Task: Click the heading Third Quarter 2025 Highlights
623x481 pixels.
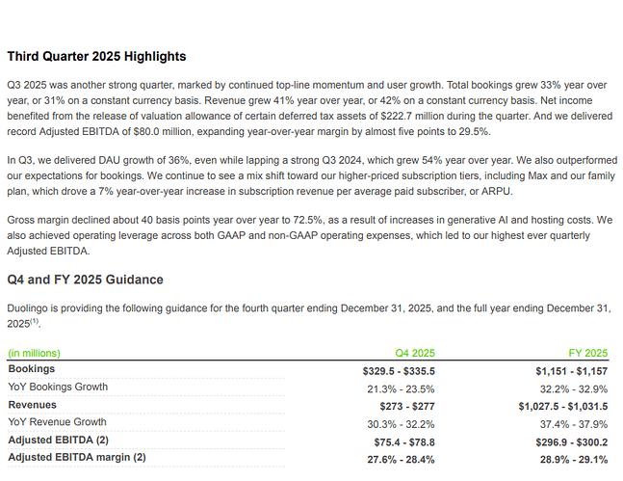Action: [96, 57]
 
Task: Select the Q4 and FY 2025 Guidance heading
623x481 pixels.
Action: [85, 280]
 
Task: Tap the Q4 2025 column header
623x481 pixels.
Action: [415, 353]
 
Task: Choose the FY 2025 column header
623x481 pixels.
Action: [588, 353]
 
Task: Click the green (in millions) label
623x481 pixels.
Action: [34, 354]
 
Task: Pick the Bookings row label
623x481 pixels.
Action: [32, 369]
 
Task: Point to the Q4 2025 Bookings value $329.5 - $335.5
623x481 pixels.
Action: [399, 371]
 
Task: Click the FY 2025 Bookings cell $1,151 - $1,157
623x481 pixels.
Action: [571, 371]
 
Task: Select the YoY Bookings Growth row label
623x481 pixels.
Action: [58, 387]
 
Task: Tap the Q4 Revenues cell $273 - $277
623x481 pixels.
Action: [407, 406]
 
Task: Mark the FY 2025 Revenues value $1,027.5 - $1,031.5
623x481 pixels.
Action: [563, 406]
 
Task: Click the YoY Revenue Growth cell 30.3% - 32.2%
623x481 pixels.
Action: [401, 424]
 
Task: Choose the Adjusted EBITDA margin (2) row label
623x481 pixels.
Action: [77, 458]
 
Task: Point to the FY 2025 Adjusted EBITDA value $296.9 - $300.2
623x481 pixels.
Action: [571, 442]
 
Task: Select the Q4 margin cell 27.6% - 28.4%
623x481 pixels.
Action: [401, 460]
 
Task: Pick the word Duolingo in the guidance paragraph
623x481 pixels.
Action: [27, 308]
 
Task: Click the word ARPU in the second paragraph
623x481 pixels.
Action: [496, 192]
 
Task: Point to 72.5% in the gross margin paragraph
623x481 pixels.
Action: [307, 220]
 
